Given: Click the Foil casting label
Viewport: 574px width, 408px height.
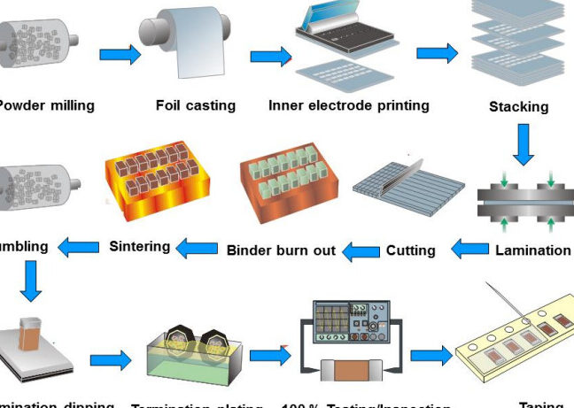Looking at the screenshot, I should (x=196, y=105).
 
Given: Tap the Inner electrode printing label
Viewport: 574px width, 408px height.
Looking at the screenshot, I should (x=349, y=105).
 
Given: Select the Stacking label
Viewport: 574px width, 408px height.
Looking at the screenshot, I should (x=518, y=107).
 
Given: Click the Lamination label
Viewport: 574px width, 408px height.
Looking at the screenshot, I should (x=532, y=250).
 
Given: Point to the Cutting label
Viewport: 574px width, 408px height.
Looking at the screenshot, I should (x=410, y=250).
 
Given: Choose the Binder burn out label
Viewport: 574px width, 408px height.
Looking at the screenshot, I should (x=281, y=250).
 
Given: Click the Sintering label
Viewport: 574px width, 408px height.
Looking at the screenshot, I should (x=139, y=245).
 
